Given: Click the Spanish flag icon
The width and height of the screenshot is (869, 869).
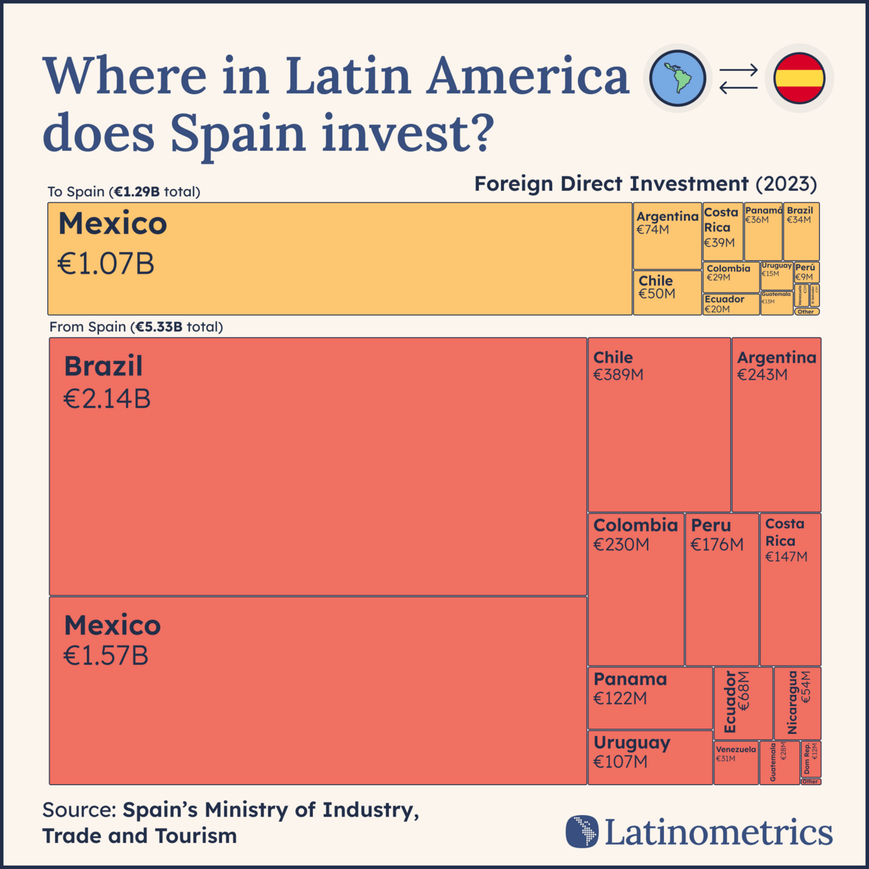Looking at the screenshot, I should [799, 78].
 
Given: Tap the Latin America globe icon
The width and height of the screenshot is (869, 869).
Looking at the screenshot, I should [678, 78].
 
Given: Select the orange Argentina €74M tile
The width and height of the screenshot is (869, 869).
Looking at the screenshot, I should [667, 236].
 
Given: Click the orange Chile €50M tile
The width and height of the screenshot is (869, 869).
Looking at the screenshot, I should [667, 293].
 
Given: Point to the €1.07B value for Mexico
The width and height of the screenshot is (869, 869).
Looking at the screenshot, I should [106, 264].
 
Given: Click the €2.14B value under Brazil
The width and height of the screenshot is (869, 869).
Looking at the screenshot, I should [107, 399].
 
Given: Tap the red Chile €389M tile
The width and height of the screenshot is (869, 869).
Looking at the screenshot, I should [659, 424].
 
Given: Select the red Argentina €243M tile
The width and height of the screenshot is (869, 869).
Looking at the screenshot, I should [776, 424].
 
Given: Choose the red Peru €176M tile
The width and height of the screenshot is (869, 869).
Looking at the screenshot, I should [722, 589].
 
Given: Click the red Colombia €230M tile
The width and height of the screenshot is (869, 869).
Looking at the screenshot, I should [636, 589].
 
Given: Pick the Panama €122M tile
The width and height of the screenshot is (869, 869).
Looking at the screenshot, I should [650, 697].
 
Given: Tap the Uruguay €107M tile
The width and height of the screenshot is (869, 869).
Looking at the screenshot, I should [650, 757].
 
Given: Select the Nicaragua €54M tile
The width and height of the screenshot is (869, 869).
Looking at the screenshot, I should [798, 703].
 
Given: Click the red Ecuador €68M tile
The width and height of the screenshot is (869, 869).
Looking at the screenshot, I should [743, 703].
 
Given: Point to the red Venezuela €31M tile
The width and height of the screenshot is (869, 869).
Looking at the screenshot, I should [736, 763].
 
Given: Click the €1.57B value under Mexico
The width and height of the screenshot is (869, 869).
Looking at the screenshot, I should [106, 656].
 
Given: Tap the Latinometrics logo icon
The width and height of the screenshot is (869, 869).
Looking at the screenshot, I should [582, 831].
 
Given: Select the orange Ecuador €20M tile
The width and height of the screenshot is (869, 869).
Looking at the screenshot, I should [730, 304].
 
